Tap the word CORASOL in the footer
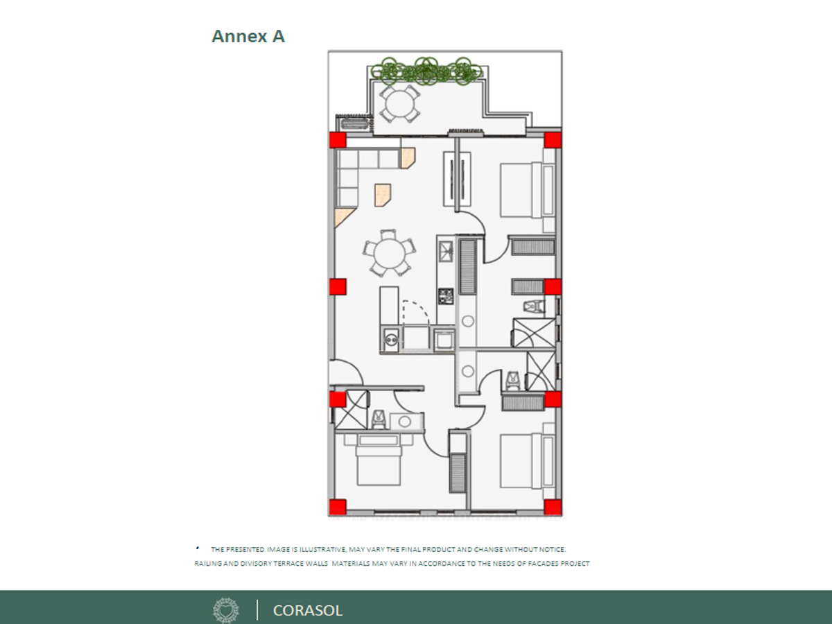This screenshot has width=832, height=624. point(307,610)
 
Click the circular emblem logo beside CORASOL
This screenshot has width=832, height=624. point(226,610)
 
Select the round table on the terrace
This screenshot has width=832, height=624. point(400,103)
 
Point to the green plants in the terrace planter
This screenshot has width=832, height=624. point(426,71)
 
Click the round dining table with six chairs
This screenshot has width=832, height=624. point(389,253)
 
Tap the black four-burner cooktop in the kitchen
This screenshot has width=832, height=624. point(446,296)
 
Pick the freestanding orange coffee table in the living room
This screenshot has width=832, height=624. point(383,195)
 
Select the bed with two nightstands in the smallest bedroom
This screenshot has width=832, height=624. point(379,460)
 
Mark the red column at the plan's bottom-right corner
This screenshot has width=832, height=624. point(553,508)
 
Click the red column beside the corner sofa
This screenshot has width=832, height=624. point(338,140)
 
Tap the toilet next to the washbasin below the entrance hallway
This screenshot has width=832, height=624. point(379,420)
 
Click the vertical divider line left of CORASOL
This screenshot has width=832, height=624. point(257,610)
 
